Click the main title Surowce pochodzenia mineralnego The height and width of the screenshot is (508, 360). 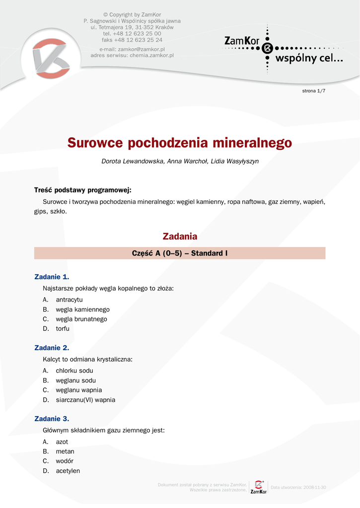pyautogui.click(x=180, y=143)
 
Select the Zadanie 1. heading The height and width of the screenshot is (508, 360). pyautogui.click(x=52, y=277)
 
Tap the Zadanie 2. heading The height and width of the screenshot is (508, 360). pyautogui.click(x=52, y=348)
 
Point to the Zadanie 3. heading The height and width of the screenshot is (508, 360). pyautogui.click(x=52, y=419)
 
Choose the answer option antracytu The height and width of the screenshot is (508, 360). pyautogui.click(x=69, y=300)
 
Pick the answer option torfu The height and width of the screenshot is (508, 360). pyautogui.click(x=63, y=328)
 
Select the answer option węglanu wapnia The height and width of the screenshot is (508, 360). pyautogui.click(x=78, y=390)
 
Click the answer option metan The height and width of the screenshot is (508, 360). pyautogui.click(x=65, y=451)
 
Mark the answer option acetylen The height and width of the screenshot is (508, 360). pyautogui.click(x=68, y=471)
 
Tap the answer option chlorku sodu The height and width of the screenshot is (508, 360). pyautogui.click(x=74, y=371)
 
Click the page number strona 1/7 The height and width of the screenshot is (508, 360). pyautogui.click(x=314, y=91)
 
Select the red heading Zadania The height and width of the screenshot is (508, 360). pyautogui.click(x=180, y=237)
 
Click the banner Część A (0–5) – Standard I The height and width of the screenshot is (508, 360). pyautogui.click(x=180, y=253)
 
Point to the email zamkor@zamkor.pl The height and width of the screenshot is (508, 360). pyautogui.click(x=141, y=50)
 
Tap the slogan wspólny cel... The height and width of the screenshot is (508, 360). pyautogui.click(x=308, y=59)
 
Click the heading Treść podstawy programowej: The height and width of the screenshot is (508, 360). pyautogui.click(x=82, y=190)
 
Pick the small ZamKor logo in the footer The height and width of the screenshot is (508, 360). pyautogui.click(x=258, y=487)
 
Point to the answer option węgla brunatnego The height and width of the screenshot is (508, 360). pyautogui.click(x=81, y=319)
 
